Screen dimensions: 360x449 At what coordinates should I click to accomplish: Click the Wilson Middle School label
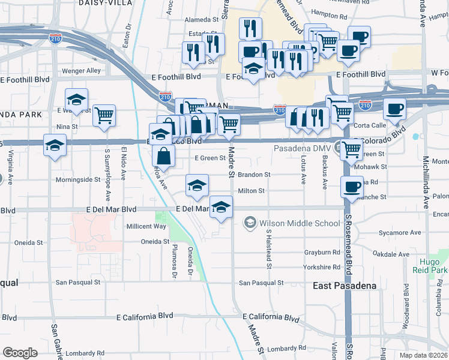pyautogui.click(x=300, y=223)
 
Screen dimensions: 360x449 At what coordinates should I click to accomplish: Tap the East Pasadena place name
pyautogui.click(x=345, y=286)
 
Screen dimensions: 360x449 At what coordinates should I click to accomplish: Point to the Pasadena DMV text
pyautogui.click(x=303, y=148)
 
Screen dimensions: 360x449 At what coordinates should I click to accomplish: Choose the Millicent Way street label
pyautogui.click(x=146, y=226)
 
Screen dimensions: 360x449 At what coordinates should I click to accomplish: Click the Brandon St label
pyautogui.click(x=254, y=175)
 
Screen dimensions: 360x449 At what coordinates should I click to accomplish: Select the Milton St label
pyautogui.click(x=251, y=191)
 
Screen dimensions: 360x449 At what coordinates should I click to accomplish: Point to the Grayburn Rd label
pyautogui.click(x=322, y=253)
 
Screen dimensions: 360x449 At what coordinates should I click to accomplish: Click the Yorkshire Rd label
pyautogui.click(x=322, y=267)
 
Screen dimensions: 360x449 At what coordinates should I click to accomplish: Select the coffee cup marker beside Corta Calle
pyautogui.click(x=394, y=109)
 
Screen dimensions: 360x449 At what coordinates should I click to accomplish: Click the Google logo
pyautogui.click(x=20, y=353)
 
